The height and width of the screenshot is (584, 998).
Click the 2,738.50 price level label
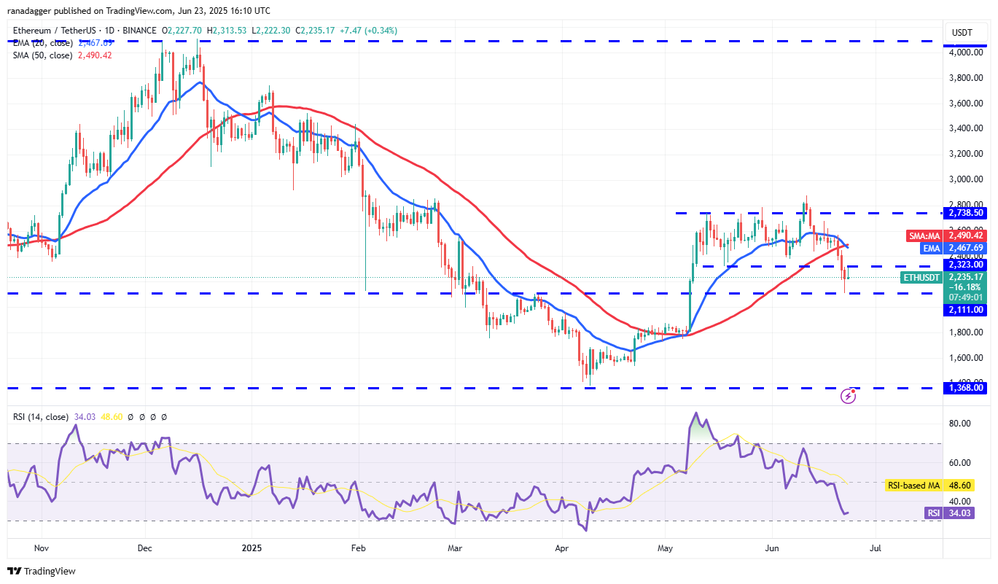966,213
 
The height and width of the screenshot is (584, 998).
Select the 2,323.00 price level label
966,265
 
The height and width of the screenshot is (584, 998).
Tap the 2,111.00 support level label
966,310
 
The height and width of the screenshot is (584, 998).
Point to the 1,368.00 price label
966,388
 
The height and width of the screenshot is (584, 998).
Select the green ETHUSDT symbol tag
921,277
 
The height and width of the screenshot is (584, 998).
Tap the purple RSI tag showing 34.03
934,513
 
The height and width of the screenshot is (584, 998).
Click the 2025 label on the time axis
251,548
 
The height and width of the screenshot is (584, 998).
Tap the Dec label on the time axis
144,548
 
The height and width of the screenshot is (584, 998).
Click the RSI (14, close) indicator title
41,417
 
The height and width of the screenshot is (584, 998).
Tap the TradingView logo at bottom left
42,571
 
